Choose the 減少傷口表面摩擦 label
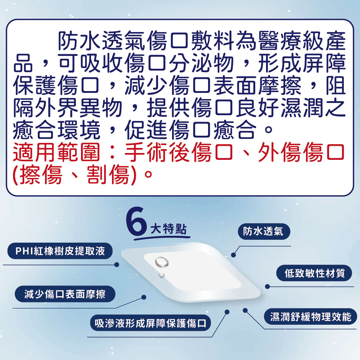coord(65,294)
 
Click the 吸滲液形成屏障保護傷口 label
coord(150,323)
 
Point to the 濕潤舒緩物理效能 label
coord(311,317)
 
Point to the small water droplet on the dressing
coord(162,276)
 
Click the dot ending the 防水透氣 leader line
coord(233,255)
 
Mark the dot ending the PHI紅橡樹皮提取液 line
coord(116,265)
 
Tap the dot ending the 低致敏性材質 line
coord(267,287)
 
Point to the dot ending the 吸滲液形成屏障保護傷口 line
coord(227,312)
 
